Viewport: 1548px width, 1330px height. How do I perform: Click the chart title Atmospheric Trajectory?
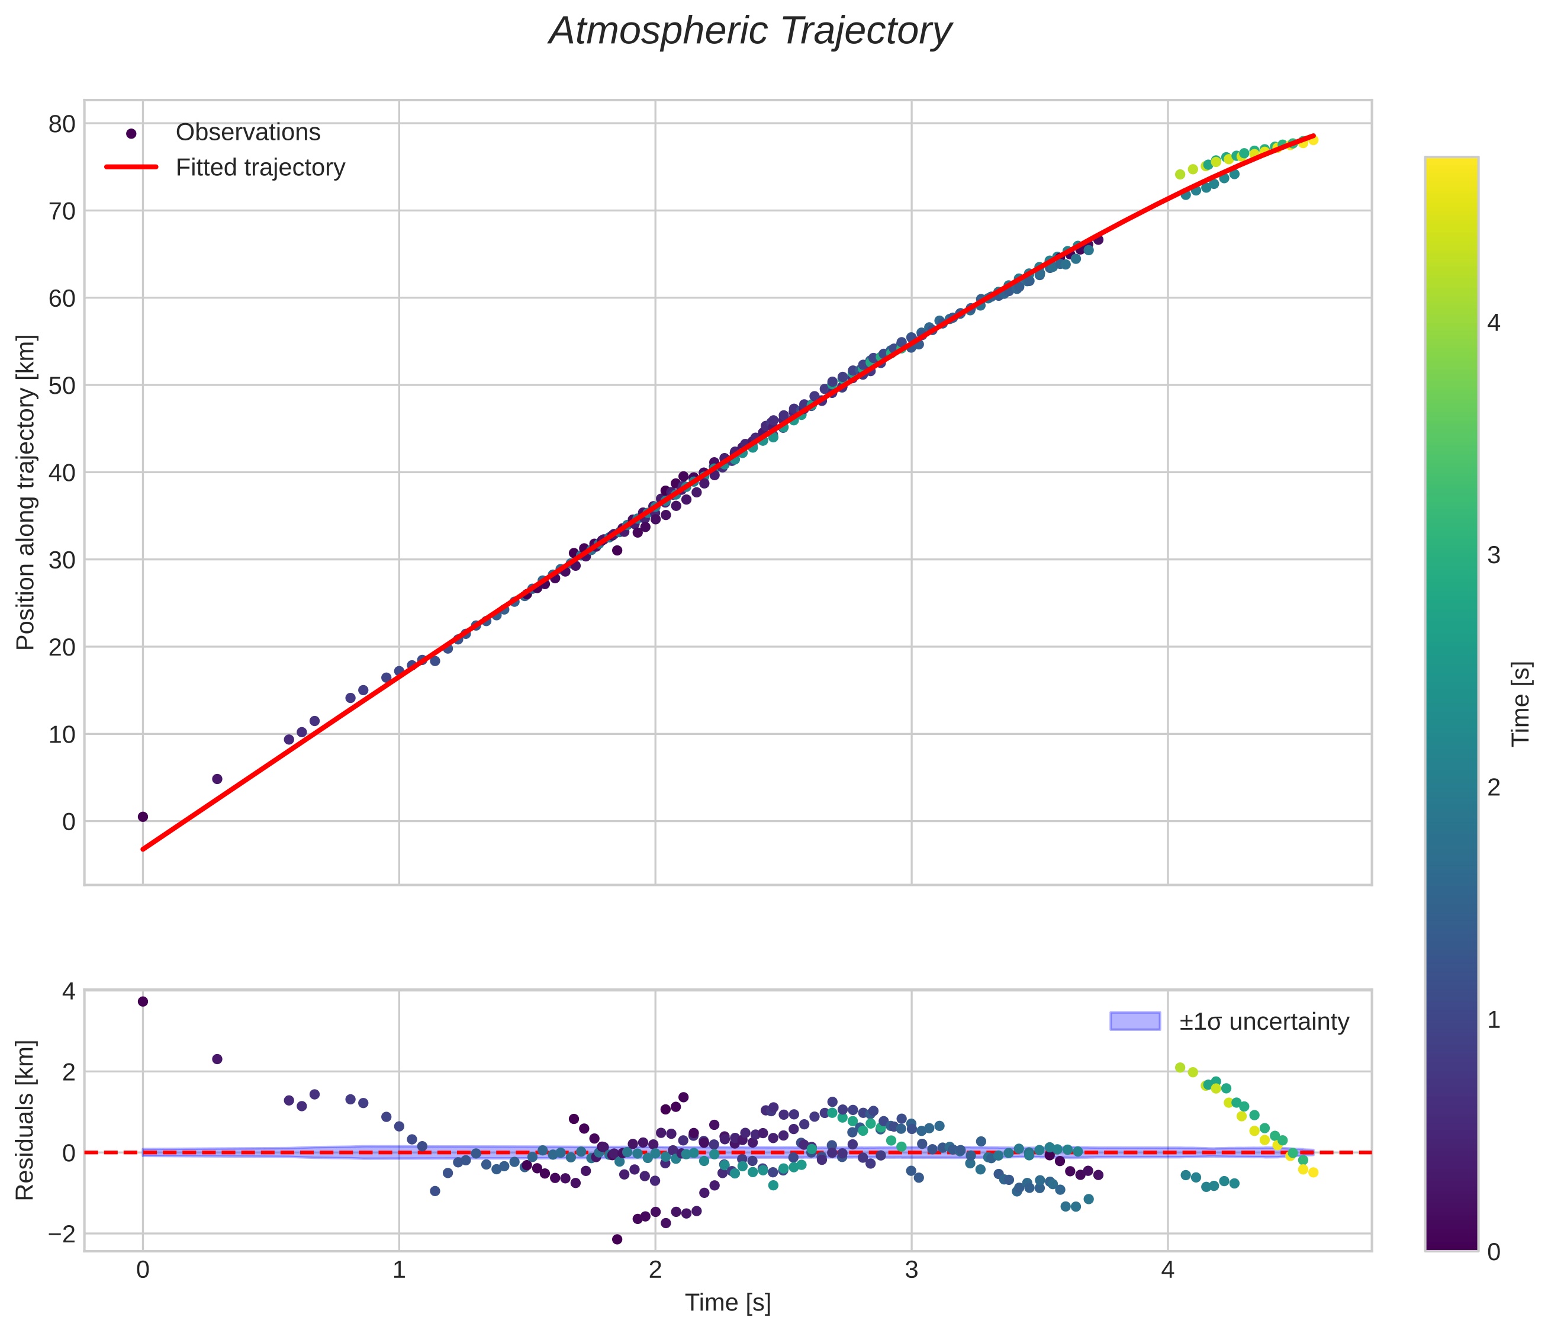[750, 31]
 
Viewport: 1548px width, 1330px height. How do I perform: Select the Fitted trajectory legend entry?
[260, 168]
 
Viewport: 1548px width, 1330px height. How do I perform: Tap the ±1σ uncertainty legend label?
[1264, 1021]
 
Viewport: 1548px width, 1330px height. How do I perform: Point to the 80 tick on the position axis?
[62, 123]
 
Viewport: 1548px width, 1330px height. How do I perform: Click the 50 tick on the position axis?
[62, 385]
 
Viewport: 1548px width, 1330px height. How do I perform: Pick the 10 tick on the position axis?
[62, 734]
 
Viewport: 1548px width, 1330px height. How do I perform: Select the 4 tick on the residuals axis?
[69, 991]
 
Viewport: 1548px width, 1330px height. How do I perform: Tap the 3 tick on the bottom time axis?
[912, 1271]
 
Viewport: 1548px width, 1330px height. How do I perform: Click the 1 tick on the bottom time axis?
[399, 1271]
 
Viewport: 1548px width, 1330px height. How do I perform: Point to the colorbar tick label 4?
[1494, 323]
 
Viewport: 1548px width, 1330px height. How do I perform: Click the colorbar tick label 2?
[1494, 787]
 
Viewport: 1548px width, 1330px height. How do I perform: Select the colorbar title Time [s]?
[1521, 704]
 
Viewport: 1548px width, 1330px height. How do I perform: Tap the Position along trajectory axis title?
[25, 493]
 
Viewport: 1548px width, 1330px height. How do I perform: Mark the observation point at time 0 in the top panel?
[143, 817]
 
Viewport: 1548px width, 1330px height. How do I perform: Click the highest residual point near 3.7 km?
[143, 1001]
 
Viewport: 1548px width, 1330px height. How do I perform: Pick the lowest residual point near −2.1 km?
[617, 1239]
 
